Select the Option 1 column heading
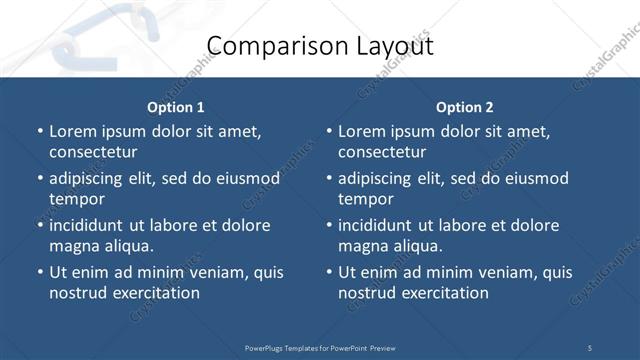point(176,107)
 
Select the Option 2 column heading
point(465,107)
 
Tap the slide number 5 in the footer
point(589,348)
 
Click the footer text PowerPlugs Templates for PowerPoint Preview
point(320,348)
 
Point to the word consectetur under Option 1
point(93,152)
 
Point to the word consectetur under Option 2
point(382,152)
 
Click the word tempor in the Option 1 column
point(76,199)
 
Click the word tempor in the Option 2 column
point(365,199)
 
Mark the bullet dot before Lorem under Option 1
point(40,132)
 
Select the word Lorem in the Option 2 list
point(361,131)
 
